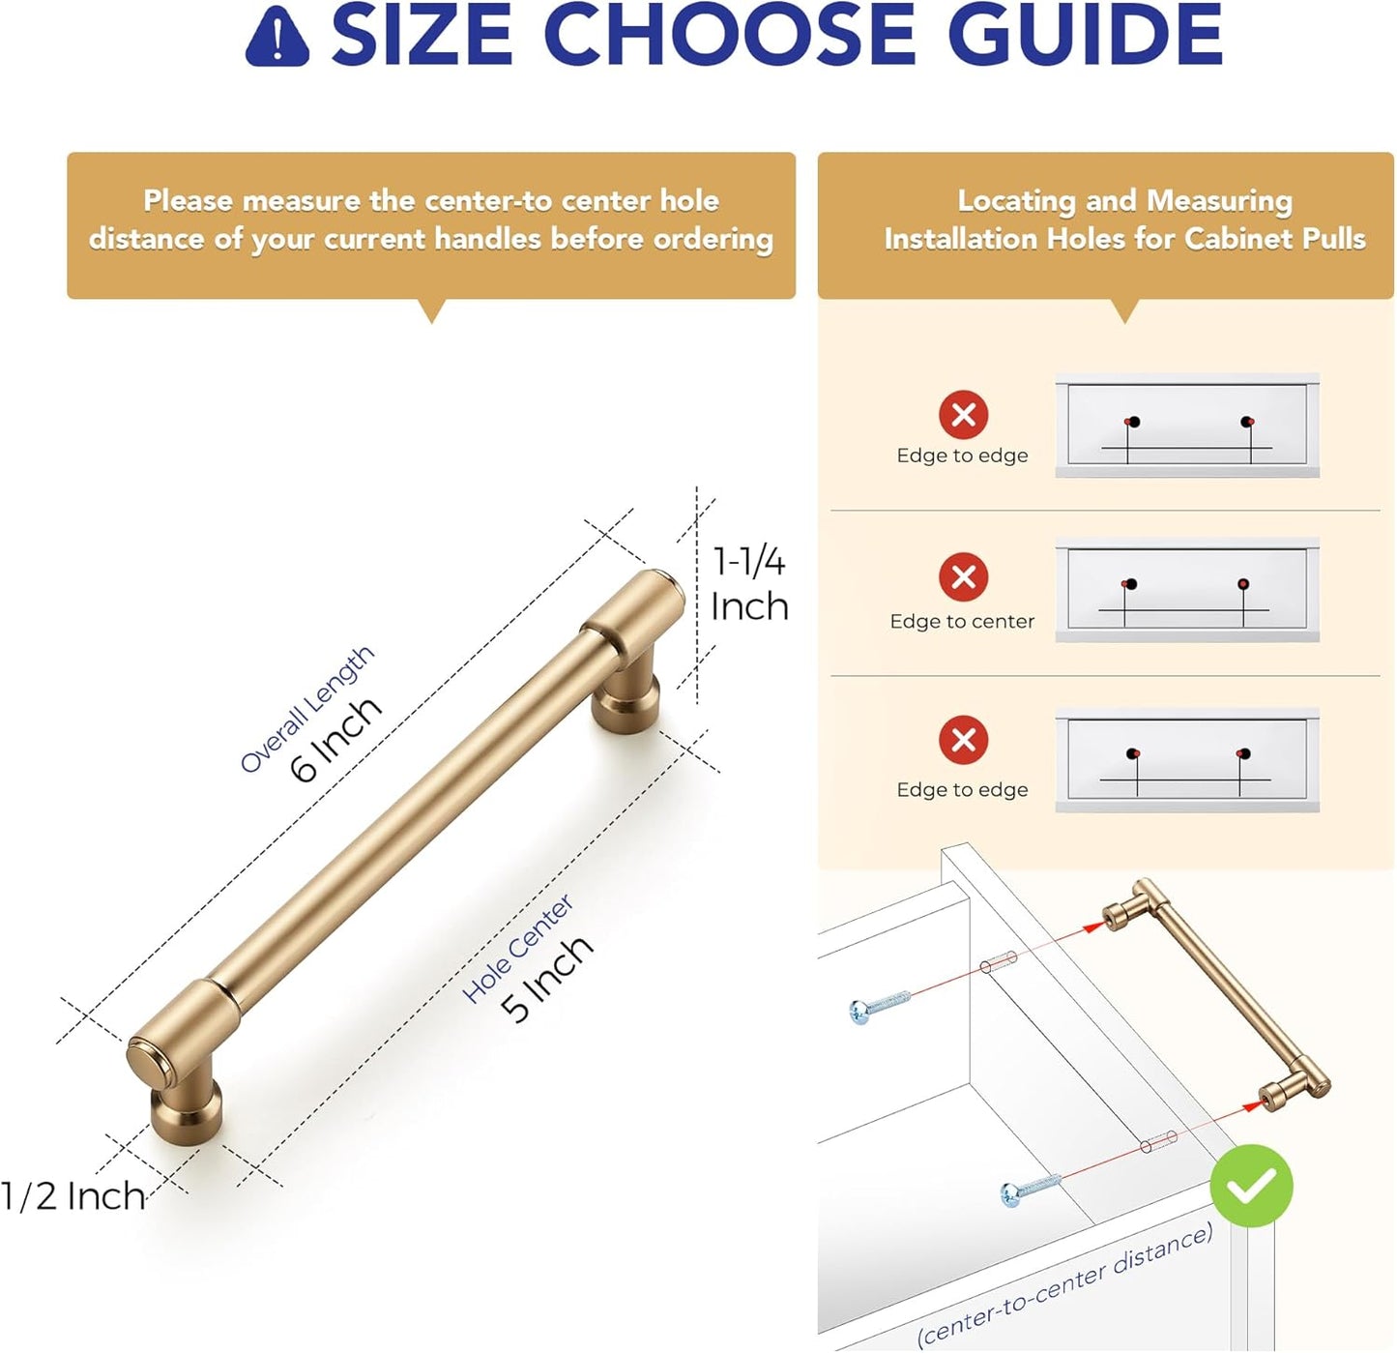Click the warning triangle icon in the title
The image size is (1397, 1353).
coord(277,38)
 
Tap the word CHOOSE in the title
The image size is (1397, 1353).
coord(734,35)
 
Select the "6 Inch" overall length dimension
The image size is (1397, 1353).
coord(336,738)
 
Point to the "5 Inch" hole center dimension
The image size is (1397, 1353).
coord(547,978)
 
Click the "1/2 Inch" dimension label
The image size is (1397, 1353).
coord(73,1196)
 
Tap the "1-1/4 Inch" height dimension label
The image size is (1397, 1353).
coord(749,583)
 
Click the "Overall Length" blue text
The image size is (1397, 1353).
coord(307,708)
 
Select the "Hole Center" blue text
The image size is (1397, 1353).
coord(517,948)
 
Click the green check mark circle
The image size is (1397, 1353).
coord(1251,1186)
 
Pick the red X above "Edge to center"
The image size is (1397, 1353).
coord(964,576)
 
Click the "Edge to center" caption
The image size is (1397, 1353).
coord(962,621)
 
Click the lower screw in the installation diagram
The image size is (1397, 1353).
coord(1031,1190)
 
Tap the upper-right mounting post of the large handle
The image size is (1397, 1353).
coord(626,691)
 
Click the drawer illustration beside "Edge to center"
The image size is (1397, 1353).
coord(1186,589)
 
